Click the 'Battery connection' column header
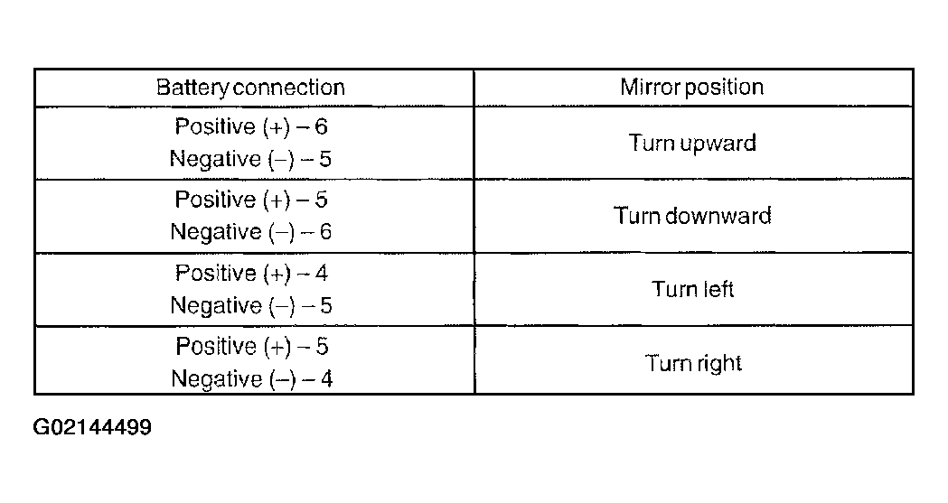click(250, 88)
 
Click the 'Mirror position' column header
click(691, 87)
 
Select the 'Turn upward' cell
click(692, 143)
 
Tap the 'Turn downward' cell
click(692, 216)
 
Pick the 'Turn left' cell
click(692, 289)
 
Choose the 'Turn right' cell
click(693, 364)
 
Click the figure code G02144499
click(92, 427)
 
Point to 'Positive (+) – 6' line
click(251, 126)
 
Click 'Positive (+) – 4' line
click(251, 274)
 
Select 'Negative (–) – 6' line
click(251, 232)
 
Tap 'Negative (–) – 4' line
click(251, 379)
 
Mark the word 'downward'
click(718, 216)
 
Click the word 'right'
click(718, 364)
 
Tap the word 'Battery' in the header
click(192, 88)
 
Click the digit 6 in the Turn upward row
click(321, 126)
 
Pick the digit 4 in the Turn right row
click(326, 379)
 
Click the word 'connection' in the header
click(288, 88)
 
